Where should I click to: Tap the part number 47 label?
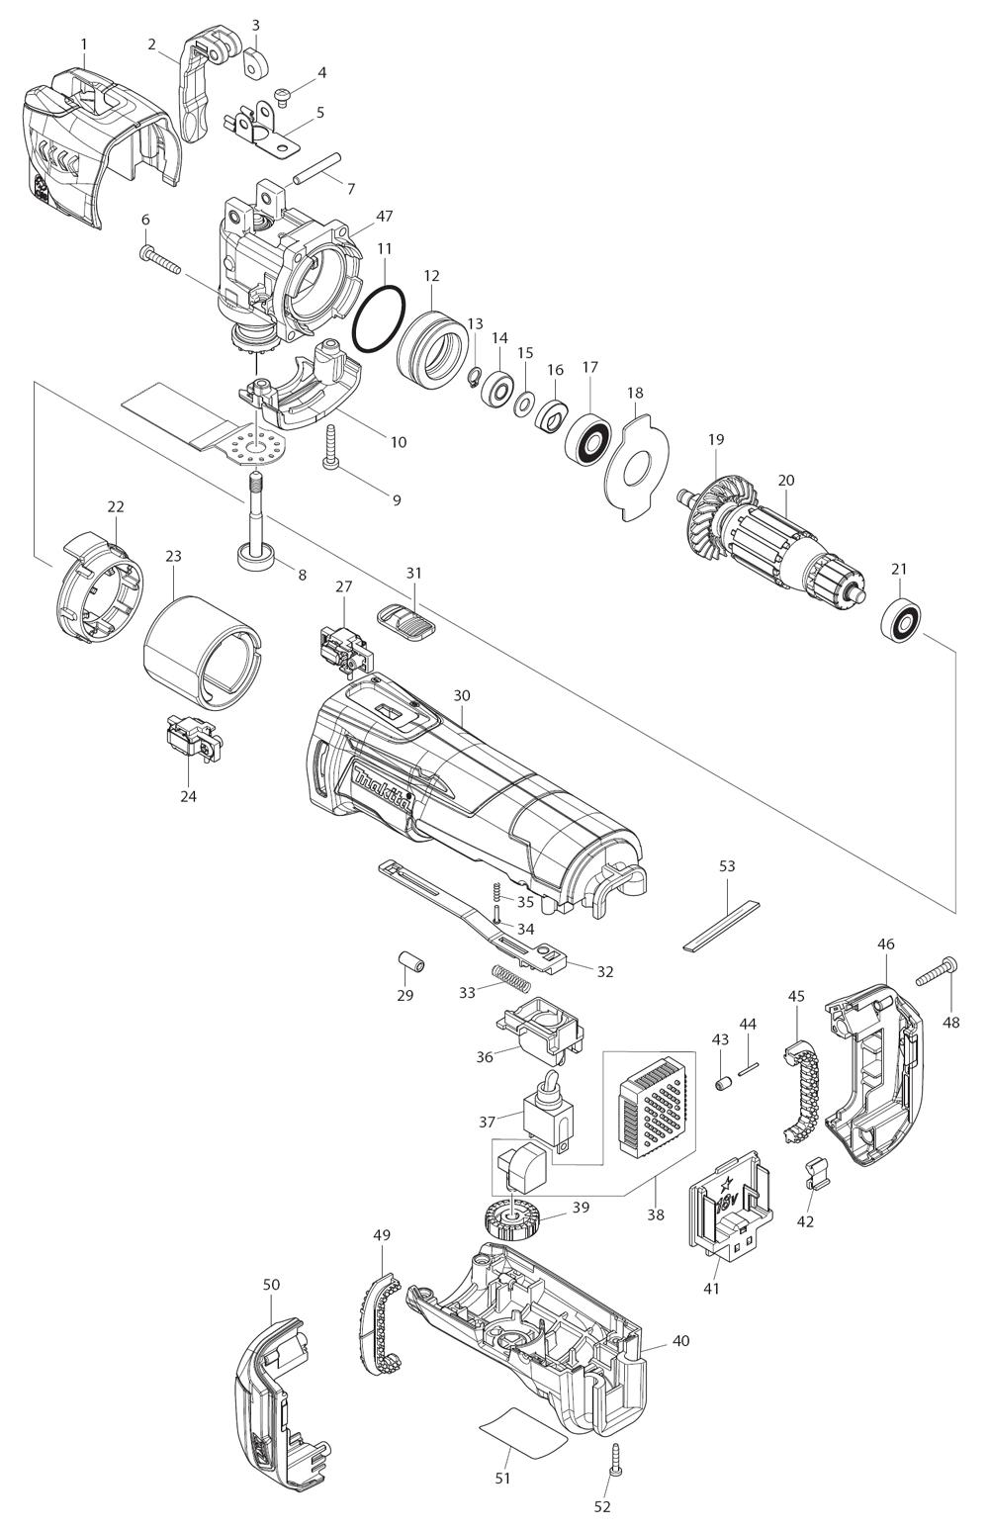[357, 215]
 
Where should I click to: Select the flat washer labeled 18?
[638, 459]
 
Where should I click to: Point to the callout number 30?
[462, 696]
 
